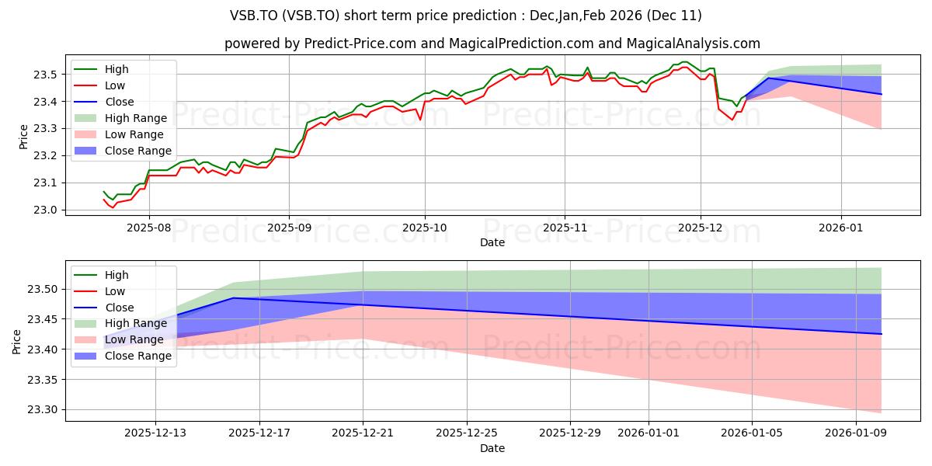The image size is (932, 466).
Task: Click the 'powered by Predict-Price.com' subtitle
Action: [492, 44]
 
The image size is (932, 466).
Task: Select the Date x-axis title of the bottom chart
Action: [492, 448]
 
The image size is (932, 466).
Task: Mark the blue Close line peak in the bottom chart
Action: [234, 298]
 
